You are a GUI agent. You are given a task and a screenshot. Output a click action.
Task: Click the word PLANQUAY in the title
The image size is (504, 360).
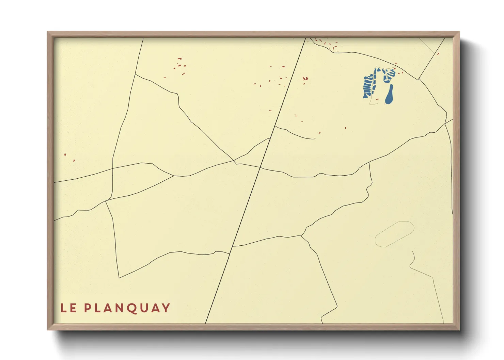[127, 308]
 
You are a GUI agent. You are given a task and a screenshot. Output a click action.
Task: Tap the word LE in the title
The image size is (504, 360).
[68, 308]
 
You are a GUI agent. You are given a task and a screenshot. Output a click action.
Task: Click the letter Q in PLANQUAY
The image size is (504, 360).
[133, 308]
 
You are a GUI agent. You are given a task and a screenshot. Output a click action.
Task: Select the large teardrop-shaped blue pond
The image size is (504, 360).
[389, 95]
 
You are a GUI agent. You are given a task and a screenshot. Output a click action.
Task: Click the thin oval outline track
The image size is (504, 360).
[394, 234]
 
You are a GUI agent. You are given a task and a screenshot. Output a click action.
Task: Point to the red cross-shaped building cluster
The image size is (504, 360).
[305, 79]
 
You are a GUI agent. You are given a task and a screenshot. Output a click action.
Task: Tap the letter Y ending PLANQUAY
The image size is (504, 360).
[166, 308]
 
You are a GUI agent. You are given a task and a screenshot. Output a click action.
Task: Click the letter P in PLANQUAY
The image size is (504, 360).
[88, 308]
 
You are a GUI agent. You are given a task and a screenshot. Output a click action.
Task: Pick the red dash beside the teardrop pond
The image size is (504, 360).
[377, 99]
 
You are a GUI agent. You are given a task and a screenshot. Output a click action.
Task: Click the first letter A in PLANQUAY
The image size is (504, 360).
[108, 308]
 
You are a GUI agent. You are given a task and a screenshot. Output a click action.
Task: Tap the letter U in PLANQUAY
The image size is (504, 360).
[144, 308]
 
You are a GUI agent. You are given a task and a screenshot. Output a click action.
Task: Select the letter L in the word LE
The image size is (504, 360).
[63, 308]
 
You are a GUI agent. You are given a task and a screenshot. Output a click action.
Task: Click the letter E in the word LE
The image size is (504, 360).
[73, 308]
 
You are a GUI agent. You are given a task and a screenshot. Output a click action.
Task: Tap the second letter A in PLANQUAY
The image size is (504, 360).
[155, 308]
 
